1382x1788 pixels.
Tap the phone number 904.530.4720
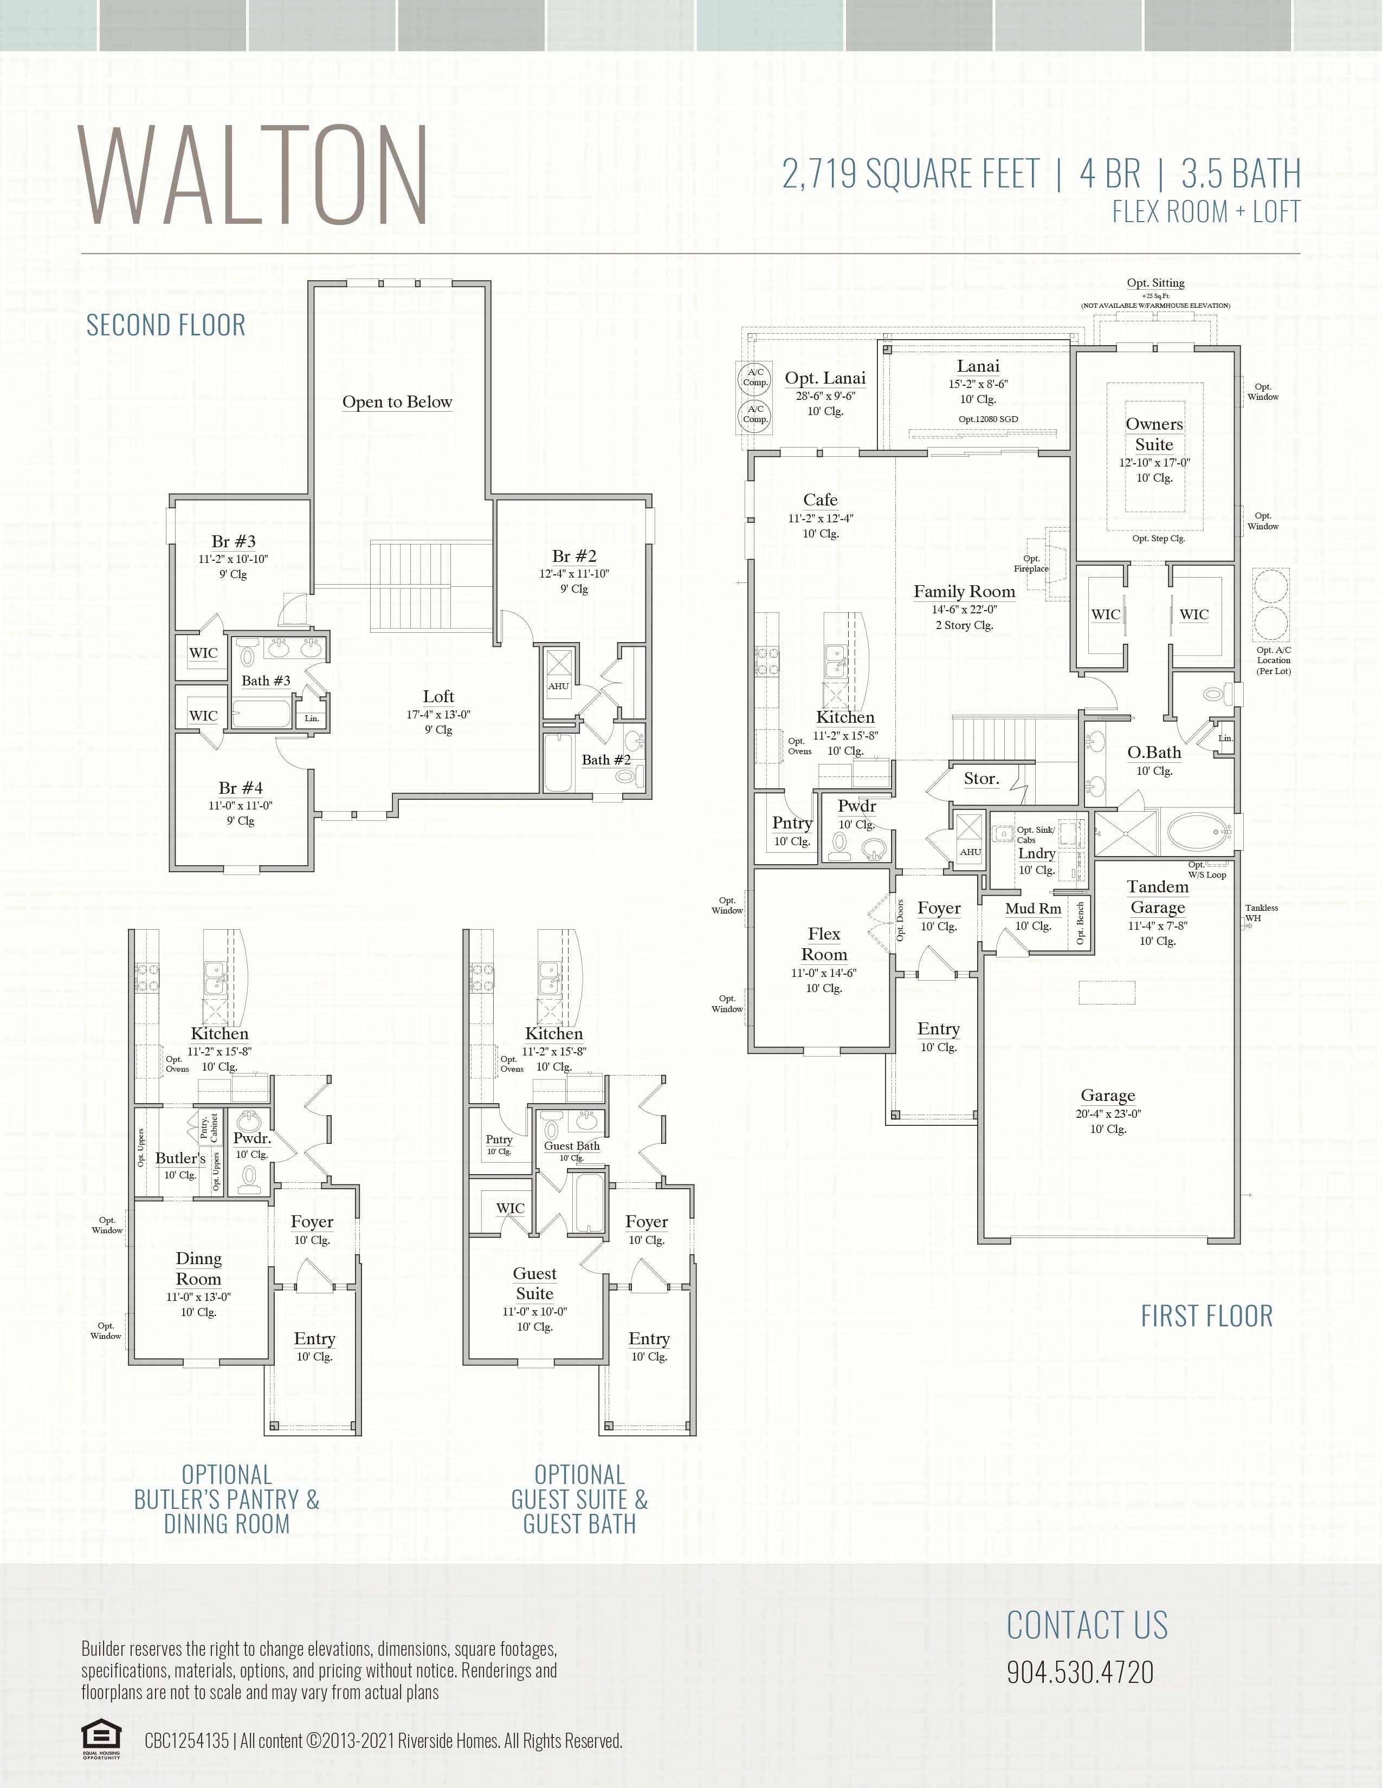(x=1080, y=1672)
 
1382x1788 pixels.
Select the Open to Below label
(x=397, y=402)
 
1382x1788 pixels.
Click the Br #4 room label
(x=241, y=788)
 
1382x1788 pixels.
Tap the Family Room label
(x=964, y=592)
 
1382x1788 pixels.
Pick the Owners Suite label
(x=1154, y=435)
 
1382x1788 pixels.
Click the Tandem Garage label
(x=1158, y=897)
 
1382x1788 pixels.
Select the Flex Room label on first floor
(x=824, y=944)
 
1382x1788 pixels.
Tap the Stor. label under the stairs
(x=981, y=779)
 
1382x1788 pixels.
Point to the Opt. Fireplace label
(x=1031, y=564)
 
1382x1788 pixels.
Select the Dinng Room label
(x=198, y=1268)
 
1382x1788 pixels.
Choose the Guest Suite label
(x=534, y=1283)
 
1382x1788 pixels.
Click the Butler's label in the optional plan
(x=180, y=1158)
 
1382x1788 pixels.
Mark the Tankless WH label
(x=1261, y=913)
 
